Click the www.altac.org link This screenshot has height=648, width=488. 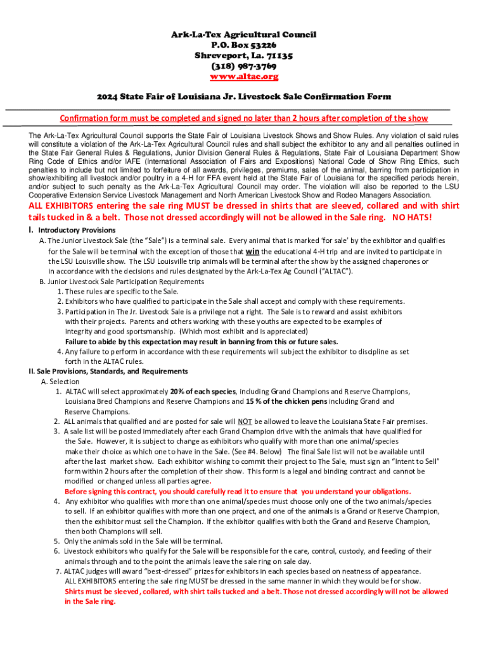pyautogui.click(x=244, y=77)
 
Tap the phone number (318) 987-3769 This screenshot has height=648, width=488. pyautogui.click(x=244, y=66)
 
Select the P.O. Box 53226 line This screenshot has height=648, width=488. pyautogui.click(x=244, y=45)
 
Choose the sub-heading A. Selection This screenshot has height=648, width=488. pyautogui.click(x=60, y=382)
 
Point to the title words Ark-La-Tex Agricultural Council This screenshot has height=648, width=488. pyautogui.click(x=244, y=34)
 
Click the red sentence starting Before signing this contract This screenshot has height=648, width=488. pyautogui.click(x=238, y=491)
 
